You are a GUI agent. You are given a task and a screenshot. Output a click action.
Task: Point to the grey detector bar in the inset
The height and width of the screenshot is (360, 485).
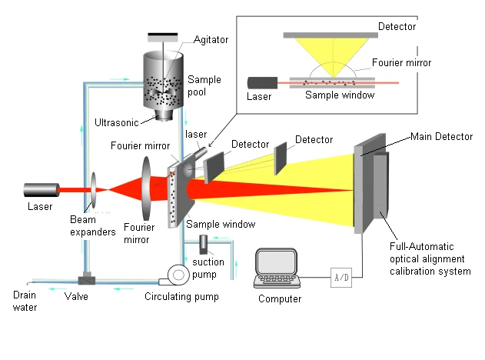330,35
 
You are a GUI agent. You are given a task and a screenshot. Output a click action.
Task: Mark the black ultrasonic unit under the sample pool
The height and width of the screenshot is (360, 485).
164,115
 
